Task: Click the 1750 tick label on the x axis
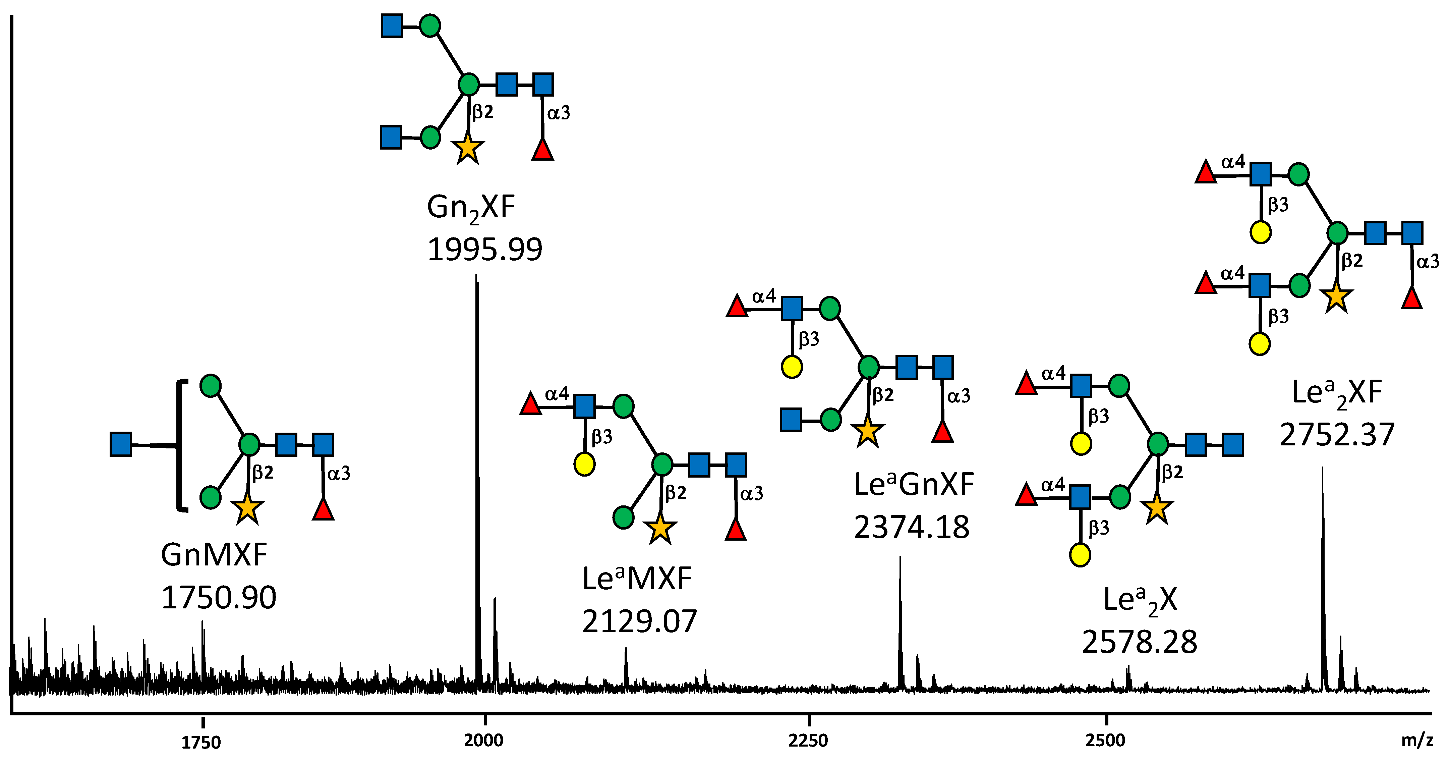[x=201, y=743]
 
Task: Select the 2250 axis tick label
[x=808, y=741]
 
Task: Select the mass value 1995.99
[x=484, y=249]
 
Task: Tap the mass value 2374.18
[x=911, y=527]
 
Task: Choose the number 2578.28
[x=1139, y=642]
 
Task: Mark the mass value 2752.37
[x=1337, y=434]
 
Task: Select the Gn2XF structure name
[x=471, y=208]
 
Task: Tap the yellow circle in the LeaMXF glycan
[x=584, y=464]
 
